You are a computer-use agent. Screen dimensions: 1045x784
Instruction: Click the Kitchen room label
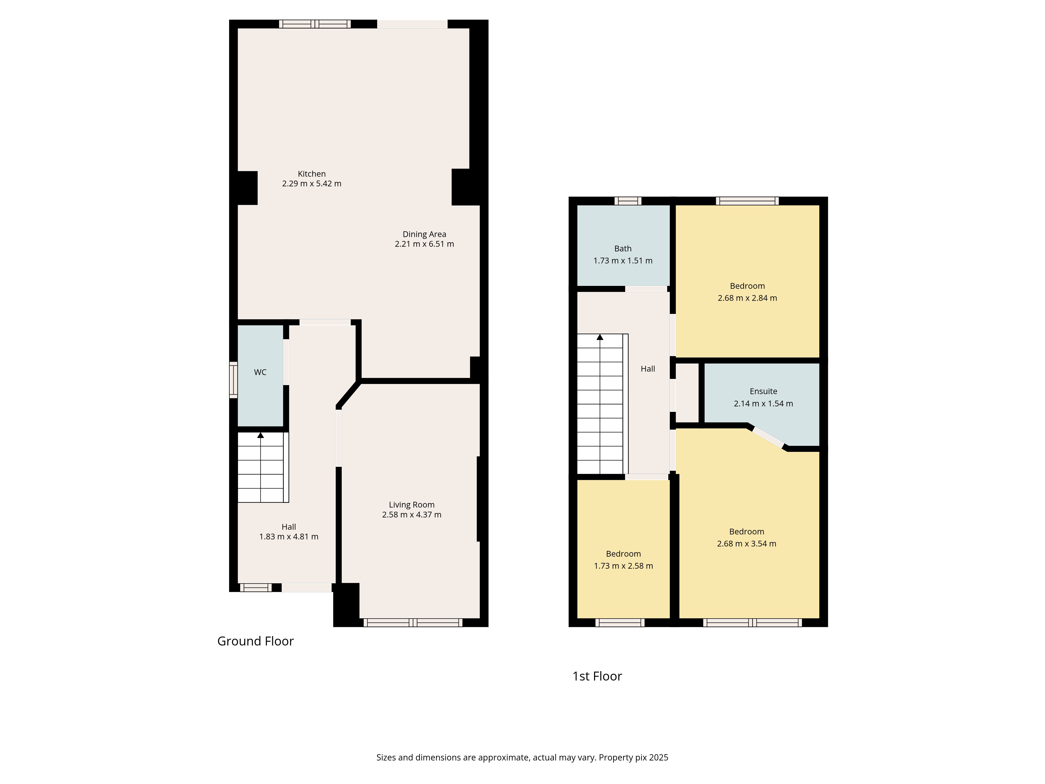[x=312, y=174]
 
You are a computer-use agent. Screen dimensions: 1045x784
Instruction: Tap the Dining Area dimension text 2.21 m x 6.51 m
[x=424, y=244]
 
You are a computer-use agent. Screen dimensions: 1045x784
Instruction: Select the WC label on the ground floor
[x=260, y=372]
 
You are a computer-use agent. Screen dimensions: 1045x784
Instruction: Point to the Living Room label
[x=411, y=505]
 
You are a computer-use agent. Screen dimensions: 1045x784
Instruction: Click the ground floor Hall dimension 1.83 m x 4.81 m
[x=289, y=537]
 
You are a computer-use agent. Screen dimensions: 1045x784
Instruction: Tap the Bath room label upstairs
[x=623, y=249]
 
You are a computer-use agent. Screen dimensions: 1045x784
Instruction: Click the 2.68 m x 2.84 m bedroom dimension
[x=747, y=298]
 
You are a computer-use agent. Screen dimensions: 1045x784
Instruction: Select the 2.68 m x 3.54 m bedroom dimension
[x=746, y=544]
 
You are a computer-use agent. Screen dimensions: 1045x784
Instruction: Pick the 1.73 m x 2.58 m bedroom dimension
[x=624, y=566]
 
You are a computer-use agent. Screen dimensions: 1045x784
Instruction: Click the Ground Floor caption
[x=256, y=641]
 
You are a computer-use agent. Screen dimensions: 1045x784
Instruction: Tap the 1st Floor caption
[x=597, y=676]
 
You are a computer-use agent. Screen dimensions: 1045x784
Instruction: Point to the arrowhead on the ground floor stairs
[x=260, y=435]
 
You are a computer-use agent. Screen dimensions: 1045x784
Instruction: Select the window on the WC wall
[x=233, y=380]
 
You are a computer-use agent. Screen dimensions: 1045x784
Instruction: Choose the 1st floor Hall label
[x=648, y=369]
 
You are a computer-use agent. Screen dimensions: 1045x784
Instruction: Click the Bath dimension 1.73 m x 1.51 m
[x=623, y=261]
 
